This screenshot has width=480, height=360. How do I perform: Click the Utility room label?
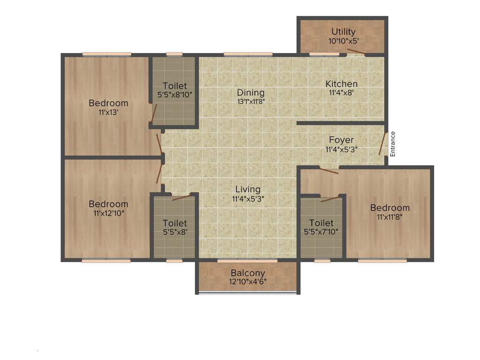[x=344, y=32]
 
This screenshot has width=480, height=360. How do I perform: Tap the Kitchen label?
[x=342, y=84]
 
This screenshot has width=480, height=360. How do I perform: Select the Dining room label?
[x=250, y=93]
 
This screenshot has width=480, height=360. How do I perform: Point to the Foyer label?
[x=341, y=140]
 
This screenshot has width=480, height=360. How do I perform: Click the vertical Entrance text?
[x=393, y=143]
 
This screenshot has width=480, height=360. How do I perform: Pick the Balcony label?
[x=248, y=273]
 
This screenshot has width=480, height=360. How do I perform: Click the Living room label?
[x=248, y=189]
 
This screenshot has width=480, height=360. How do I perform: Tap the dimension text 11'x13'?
[x=108, y=112]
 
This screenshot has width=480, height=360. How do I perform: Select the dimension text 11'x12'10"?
[x=108, y=213]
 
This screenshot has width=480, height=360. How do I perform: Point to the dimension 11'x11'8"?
[x=390, y=217]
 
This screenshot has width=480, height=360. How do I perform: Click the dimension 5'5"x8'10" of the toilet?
[x=175, y=94]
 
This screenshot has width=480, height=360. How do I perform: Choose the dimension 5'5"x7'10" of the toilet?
[x=322, y=232]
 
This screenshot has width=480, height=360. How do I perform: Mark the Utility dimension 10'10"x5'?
[x=344, y=41]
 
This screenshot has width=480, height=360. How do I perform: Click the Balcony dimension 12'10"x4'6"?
[x=248, y=282]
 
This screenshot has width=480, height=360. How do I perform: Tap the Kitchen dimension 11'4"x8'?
[x=342, y=93]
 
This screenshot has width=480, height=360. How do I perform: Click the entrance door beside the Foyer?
[x=382, y=143]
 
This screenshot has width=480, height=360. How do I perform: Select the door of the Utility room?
[x=354, y=52]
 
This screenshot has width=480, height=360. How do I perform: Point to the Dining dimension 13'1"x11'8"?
[x=251, y=101]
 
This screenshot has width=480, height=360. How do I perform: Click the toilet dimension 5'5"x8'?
[x=175, y=232]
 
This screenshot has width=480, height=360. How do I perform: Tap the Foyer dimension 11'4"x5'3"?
[x=341, y=150]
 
